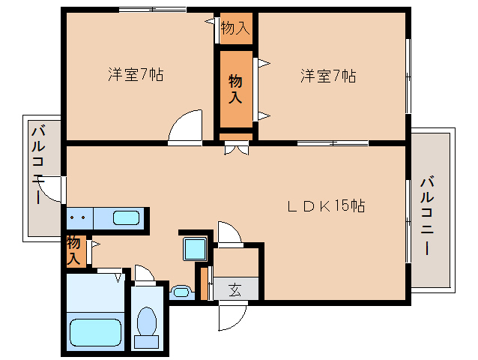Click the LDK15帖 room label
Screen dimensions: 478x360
pyautogui.click(x=326, y=206)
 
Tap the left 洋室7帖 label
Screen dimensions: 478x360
pyautogui.click(x=136, y=74)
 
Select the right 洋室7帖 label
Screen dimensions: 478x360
pyautogui.click(x=328, y=76)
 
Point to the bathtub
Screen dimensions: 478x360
pyautogui.click(x=95, y=332)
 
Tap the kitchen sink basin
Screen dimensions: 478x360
pyautogui.click(x=126, y=217)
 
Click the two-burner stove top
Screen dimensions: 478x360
pyautogui.click(x=79, y=218)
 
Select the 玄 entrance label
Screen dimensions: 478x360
pyautogui.click(x=235, y=289)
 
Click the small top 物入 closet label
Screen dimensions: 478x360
pyautogui.click(x=235, y=28)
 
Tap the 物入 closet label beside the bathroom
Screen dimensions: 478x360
pyautogui.click(x=73, y=250)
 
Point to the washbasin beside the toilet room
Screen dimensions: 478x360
pyautogui.click(x=181, y=292)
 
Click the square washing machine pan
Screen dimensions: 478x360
pyautogui.click(x=195, y=249)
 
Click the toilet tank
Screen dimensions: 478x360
pyautogui.click(x=147, y=342)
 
